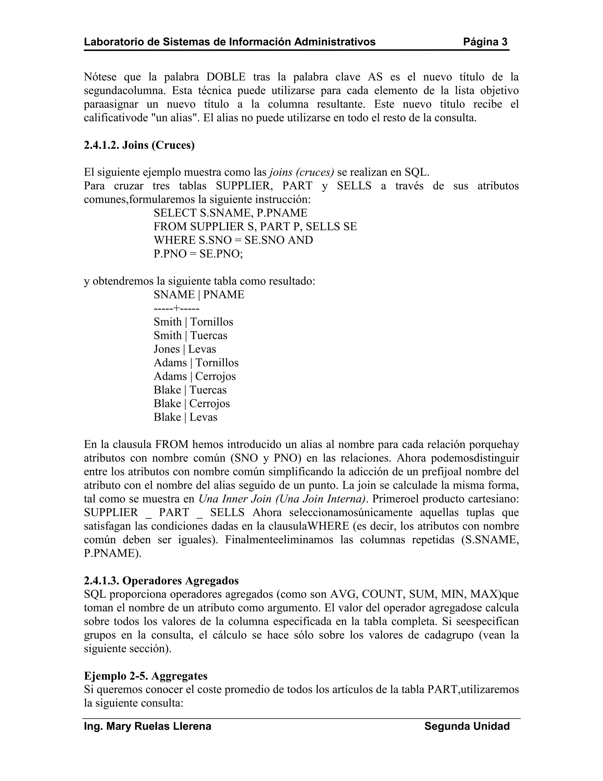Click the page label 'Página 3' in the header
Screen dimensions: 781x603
point(485,42)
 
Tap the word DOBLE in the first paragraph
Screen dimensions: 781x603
point(226,77)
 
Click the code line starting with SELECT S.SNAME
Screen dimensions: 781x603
point(231,213)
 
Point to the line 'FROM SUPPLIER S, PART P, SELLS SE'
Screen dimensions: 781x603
point(255,226)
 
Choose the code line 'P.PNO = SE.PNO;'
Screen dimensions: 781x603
point(198,253)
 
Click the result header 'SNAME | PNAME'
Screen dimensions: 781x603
point(199,295)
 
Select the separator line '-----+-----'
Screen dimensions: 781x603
point(176,308)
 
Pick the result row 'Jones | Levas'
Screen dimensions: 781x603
point(185,349)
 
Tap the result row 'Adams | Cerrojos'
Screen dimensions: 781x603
point(195,376)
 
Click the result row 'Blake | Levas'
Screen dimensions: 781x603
point(185,417)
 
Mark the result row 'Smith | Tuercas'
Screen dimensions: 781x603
point(190,335)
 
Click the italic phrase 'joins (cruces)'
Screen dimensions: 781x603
point(301,172)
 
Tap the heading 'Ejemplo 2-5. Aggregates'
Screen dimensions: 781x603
point(145,676)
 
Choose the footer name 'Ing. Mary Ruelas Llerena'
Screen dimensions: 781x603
point(148,726)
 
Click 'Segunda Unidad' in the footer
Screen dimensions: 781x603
point(467,726)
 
